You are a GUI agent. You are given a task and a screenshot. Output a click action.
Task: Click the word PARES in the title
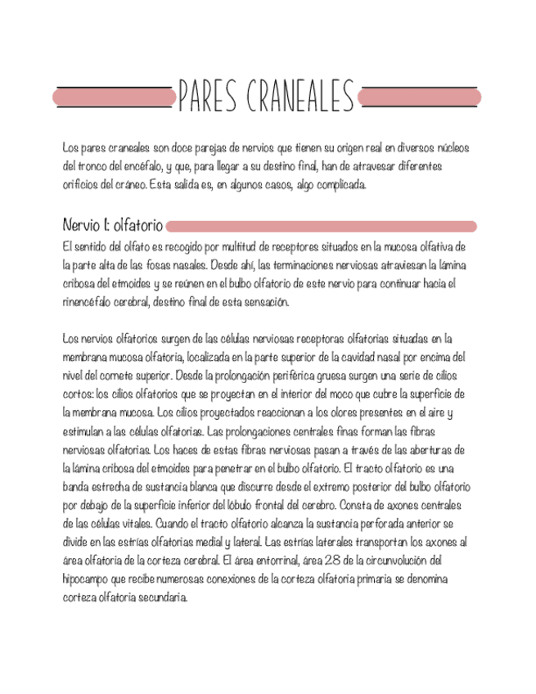[x=206, y=97]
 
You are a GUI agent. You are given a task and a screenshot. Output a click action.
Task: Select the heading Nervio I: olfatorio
[x=113, y=224]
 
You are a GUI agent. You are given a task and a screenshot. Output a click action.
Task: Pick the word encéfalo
[x=145, y=166]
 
